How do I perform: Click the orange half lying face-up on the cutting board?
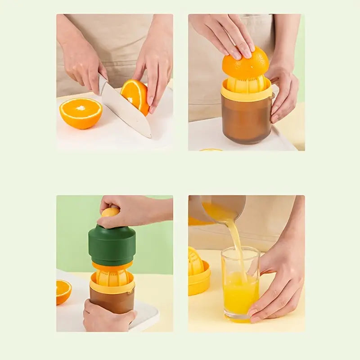[x=81, y=113]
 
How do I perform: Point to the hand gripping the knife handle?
[x=83, y=67]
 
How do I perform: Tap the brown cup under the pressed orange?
[x=246, y=121]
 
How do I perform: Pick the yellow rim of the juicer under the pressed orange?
[x=246, y=94]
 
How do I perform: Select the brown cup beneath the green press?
[x=112, y=299]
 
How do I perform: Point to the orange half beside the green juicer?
[x=63, y=291]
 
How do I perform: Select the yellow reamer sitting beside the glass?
[x=198, y=272]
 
